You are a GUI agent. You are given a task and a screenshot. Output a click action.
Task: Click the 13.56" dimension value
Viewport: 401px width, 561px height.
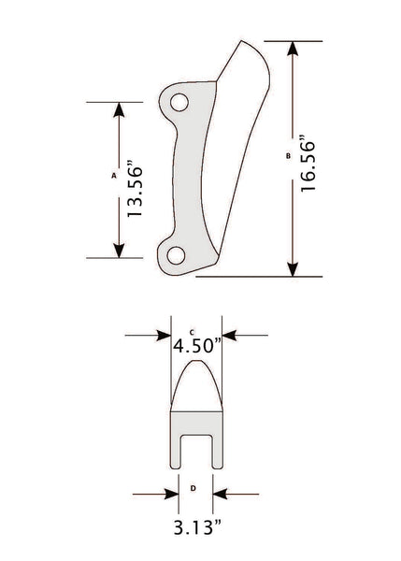136,192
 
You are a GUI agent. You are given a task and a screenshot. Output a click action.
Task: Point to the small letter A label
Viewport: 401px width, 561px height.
113,175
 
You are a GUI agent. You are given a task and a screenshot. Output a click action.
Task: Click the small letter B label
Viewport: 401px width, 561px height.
288,156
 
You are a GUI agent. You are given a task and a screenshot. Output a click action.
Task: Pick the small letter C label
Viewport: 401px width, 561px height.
191,331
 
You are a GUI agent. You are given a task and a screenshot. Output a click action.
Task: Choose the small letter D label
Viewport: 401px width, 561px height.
193,487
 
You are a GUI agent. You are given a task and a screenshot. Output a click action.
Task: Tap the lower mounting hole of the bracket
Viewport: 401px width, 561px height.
172,254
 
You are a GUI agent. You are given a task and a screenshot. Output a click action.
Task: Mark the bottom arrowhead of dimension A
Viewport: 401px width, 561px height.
118,249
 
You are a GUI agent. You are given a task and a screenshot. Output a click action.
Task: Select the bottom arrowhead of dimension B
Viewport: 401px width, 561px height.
294,268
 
